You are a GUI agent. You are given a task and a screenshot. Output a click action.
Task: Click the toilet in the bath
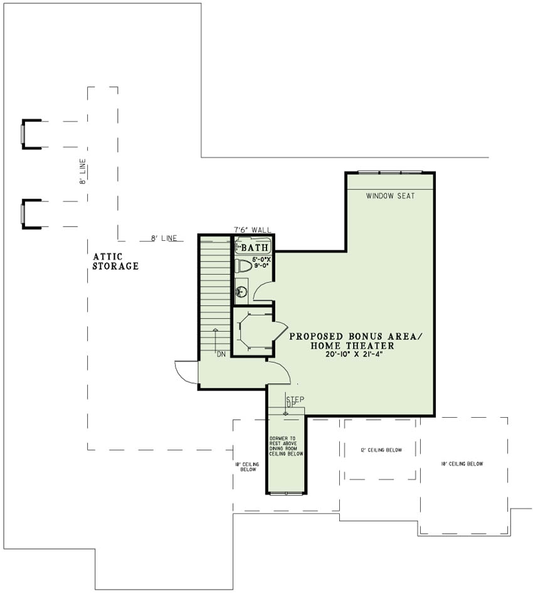(244, 266)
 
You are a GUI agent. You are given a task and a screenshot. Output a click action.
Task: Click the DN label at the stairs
(221, 354)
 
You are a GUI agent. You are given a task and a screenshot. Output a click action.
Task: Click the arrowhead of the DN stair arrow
(216, 329)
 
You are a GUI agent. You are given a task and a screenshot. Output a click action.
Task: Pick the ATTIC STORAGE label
(115, 261)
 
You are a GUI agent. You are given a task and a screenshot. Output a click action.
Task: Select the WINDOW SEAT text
(391, 196)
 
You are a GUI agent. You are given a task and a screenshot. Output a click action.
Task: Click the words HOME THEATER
(356, 346)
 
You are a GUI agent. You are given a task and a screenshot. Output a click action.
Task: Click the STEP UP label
(295, 402)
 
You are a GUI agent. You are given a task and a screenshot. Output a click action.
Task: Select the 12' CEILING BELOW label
(381, 450)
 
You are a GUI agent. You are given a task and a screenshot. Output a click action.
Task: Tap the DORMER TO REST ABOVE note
(287, 446)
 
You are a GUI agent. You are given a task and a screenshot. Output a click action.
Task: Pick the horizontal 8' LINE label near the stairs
(163, 238)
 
